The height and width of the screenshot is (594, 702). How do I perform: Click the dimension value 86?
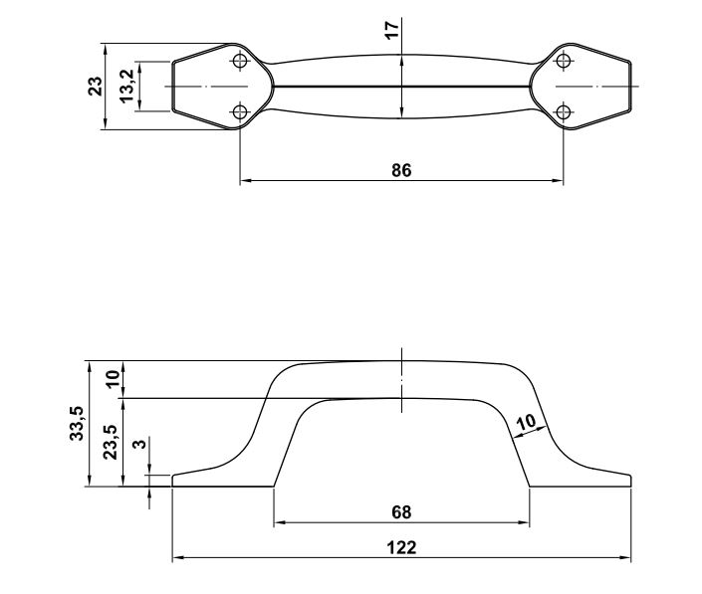(x=400, y=170)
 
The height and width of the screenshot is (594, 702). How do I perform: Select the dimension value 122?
(x=401, y=547)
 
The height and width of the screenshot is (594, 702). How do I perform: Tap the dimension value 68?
(x=401, y=512)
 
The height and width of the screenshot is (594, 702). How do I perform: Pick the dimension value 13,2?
(x=127, y=86)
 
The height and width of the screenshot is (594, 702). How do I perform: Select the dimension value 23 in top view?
(x=95, y=86)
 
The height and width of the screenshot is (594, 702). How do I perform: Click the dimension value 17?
(x=392, y=30)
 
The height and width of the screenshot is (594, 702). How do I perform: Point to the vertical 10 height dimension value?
(x=112, y=379)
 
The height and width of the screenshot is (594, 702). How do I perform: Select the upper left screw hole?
(x=240, y=62)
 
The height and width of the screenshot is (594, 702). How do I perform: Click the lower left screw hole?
(x=240, y=111)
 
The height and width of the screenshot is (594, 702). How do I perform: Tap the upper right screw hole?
(x=564, y=62)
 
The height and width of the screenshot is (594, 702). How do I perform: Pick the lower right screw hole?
(x=564, y=111)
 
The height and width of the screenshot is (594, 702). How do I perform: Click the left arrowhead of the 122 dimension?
(x=177, y=557)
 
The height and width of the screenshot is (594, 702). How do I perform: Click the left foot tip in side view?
(x=174, y=481)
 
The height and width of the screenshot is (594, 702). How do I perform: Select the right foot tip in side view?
(x=629, y=481)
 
